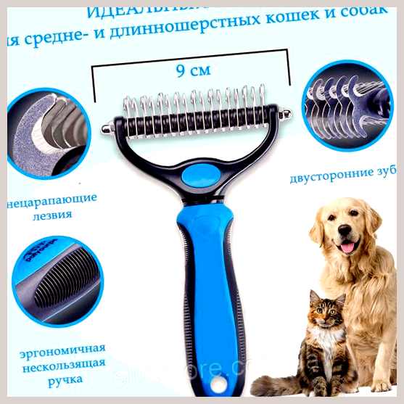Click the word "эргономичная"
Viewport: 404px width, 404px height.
click(62, 348)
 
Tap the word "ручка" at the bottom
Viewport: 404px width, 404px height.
click(62, 379)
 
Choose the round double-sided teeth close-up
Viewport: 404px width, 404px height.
click(346, 105)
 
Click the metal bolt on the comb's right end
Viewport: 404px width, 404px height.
click(286, 114)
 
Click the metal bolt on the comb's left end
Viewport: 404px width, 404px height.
click(107, 128)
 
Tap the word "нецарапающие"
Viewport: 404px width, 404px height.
click(55, 199)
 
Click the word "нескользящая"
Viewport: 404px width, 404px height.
click(62, 363)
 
